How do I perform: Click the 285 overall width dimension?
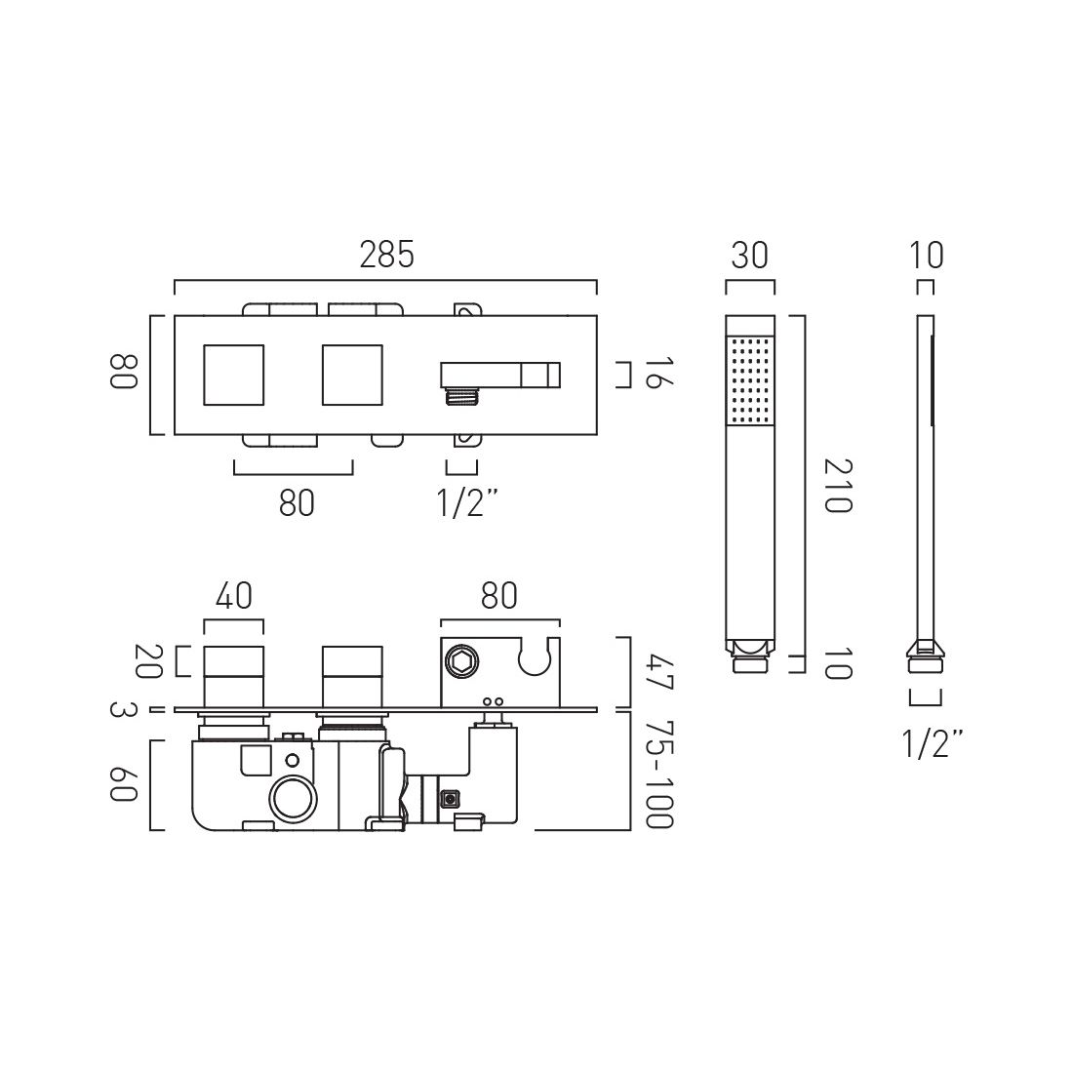(x=386, y=255)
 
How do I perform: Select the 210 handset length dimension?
(x=837, y=485)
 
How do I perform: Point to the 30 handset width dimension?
(x=749, y=256)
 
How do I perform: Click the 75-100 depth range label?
(x=660, y=776)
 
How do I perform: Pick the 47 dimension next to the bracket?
(x=660, y=671)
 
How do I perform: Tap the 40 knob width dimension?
(x=233, y=594)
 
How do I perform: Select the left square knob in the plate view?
(x=233, y=375)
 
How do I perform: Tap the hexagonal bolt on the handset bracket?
(x=461, y=663)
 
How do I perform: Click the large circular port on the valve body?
(x=292, y=799)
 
